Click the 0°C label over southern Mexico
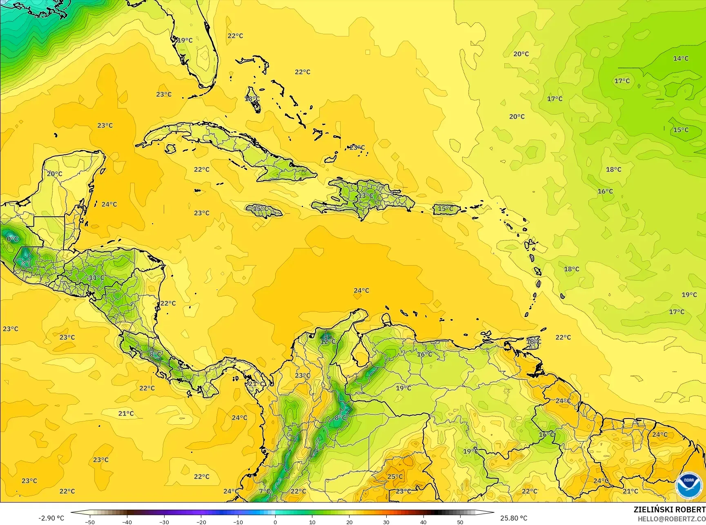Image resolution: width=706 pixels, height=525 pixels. (x=12, y=239)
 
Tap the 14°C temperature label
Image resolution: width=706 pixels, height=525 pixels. (x=681, y=59)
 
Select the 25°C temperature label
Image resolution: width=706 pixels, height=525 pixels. (x=395, y=476)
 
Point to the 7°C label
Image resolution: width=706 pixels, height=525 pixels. (x=265, y=491)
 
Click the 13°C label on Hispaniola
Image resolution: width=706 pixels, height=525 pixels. (x=365, y=196)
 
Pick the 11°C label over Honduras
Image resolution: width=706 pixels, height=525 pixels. (x=97, y=278)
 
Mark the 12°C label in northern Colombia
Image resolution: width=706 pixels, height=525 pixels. (x=327, y=341)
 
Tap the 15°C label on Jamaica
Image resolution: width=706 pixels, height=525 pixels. (x=261, y=209)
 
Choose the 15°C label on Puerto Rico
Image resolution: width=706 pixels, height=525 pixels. (x=445, y=209)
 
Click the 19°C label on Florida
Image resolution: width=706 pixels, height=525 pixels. (x=185, y=40)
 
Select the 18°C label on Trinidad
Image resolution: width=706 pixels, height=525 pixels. (x=533, y=341)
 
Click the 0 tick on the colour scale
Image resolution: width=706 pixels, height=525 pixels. (x=275, y=522)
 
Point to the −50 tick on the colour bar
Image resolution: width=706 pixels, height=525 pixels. (x=90, y=522)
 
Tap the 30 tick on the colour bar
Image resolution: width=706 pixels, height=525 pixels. (x=386, y=522)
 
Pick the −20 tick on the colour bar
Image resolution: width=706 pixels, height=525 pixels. (x=201, y=522)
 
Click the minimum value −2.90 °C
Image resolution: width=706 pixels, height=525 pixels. (x=51, y=518)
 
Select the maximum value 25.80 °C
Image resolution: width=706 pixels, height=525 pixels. (x=514, y=518)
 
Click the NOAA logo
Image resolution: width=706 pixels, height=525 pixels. (x=688, y=485)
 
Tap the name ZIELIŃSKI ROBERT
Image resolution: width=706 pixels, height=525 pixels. (x=669, y=509)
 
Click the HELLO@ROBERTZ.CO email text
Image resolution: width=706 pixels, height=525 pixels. (x=672, y=518)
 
